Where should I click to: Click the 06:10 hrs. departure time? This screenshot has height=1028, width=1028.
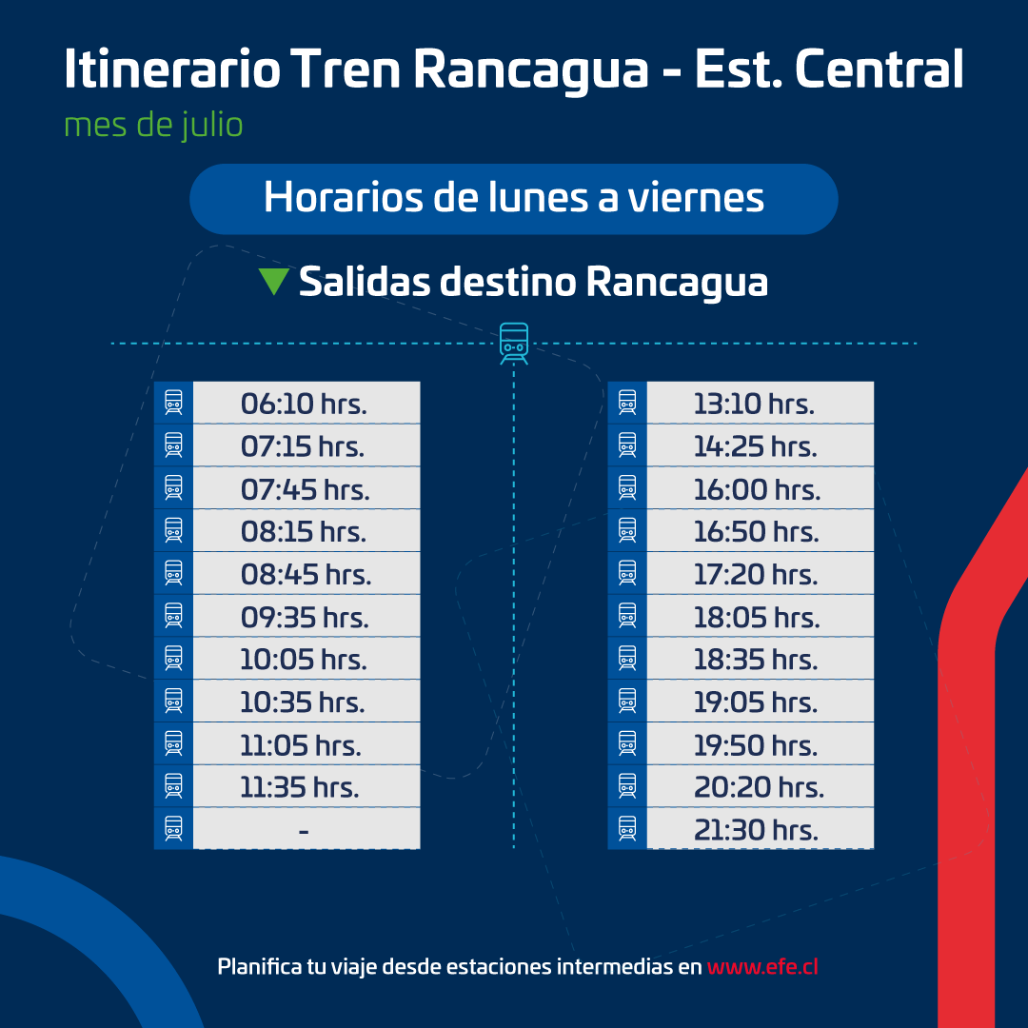[x=304, y=404]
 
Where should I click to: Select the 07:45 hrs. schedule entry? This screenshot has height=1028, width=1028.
[x=305, y=489]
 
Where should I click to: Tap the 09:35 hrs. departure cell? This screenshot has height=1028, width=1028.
[x=305, y=617]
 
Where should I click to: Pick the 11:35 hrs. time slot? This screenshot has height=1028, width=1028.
[x=300, y=787]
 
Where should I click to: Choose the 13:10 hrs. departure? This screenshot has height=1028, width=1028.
[x=754, y=404]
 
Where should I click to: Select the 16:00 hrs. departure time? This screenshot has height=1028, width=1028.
[x=757, y=489]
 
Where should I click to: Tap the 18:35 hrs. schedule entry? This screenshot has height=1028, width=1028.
[x=756, y=660]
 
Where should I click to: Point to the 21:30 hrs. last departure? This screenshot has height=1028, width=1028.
[x=756, y=830]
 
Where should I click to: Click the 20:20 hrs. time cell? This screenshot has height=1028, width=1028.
[x=759, y=787]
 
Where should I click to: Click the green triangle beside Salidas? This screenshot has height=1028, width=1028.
[x=273, y=281]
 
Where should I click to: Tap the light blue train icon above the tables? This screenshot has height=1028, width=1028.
[x=514, y=343]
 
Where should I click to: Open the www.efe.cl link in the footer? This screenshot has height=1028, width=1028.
[x=762, y=966]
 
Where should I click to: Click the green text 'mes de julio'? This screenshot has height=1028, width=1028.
[x=153, y=125]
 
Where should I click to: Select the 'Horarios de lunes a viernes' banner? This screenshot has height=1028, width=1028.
[x=514, y=198]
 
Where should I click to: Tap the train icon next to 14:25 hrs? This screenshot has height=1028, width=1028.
[x=626, y=445]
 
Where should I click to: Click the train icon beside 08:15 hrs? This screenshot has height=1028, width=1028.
[x=173, y=531]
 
